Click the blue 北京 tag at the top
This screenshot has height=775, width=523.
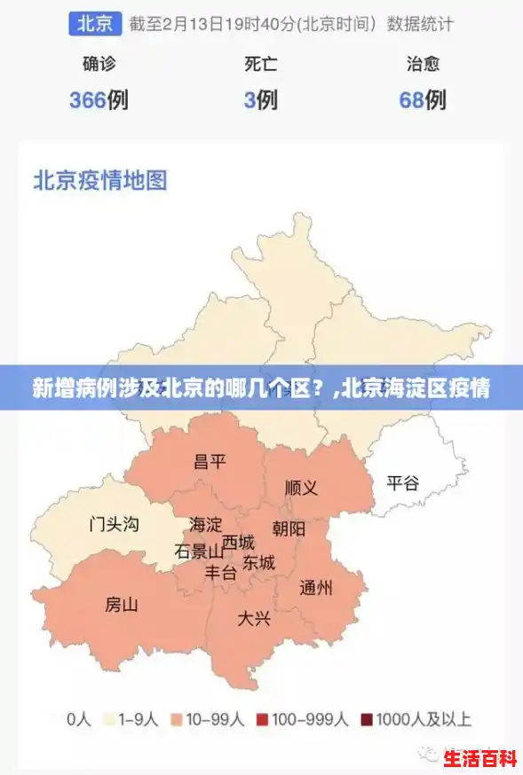(94, 24)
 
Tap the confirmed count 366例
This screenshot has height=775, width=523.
(99, 100)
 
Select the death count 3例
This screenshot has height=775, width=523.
(261, 100)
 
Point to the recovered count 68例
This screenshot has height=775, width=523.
(423, 100)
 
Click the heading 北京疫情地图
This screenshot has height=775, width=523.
(100, 181)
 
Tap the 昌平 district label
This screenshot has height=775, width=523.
(210, 461)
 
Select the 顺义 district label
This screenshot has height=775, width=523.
(301, 488)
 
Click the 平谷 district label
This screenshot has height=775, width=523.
(402, 483)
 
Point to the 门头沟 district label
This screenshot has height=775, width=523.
(114, 524)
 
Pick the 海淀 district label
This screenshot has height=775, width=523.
(206, 524)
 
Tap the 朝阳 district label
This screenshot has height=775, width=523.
(289, 529)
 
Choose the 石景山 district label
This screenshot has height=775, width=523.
(199, 551)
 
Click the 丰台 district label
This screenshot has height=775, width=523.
(221, 573)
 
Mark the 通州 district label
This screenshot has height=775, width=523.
(316, 587)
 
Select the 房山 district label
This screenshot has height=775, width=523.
(122, 605)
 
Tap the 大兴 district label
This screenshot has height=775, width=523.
(253, 618)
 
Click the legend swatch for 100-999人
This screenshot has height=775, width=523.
(263, 720)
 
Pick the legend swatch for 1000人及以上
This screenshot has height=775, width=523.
(367, 720)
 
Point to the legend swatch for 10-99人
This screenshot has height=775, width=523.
(178, 720)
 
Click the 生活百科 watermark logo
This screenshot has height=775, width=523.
(479, 759)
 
